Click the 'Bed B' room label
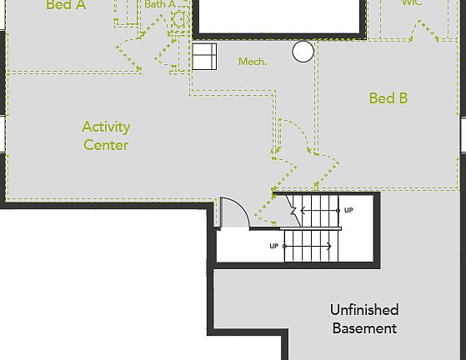pos(388,98)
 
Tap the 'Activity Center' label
pos(106,136)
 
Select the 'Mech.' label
pos(253,62)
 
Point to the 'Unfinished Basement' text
pos(364,319)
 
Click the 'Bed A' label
pos(66,5)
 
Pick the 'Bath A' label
pos(160,4)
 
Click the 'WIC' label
pos(411,3)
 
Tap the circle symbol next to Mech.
pos(303,52)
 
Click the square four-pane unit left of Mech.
pos(204,57)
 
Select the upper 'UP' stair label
pos(348,210)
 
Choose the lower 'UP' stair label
pos(273,246)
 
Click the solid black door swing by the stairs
pos(233,211)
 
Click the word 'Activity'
pos(106,127)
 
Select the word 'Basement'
pos(364,328)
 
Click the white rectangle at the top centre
pos(280,13)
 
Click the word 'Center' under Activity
pos(106,145)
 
